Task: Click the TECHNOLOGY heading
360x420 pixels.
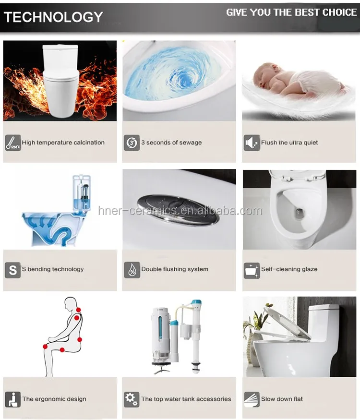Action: coord(53,17)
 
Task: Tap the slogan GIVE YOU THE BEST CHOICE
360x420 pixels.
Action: coord(291,12)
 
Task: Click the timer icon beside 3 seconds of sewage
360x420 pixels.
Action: coord(132,143)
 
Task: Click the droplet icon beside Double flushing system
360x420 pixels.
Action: coord(132,269)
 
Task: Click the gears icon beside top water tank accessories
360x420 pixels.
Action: coord(132,399)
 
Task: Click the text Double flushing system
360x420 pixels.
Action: coord(175,269)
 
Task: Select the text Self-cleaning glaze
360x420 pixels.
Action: coord(289,269)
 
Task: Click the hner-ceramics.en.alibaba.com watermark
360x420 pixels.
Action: coord(180,211)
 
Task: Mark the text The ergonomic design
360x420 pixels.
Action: coord(54,399)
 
